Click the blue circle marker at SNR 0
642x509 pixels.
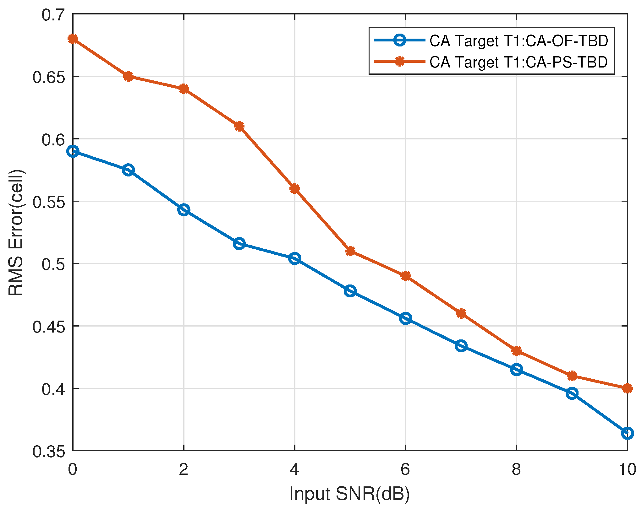(73, 151)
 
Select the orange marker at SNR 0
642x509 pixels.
(73, 39)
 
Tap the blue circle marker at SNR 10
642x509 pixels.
(627, 433)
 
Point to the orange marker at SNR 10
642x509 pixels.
(627, 388)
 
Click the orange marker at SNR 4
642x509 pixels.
(294, 189)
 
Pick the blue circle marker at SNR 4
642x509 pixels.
(294, 258)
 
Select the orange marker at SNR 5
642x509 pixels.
(350, 251)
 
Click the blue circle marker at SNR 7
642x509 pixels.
(461, 346)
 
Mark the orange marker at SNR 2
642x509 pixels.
(184, 89)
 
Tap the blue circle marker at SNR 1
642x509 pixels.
(128, 170)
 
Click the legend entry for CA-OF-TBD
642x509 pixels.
(519, 41)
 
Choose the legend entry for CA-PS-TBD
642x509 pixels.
(519, 62)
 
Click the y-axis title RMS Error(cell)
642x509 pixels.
(16, 232)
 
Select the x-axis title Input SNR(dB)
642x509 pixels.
(349, 494)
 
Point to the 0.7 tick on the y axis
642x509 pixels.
(53, 15)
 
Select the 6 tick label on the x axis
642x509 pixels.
(405, 469)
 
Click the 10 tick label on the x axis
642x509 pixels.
(627, 469)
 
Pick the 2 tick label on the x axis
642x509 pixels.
(184, 469)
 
